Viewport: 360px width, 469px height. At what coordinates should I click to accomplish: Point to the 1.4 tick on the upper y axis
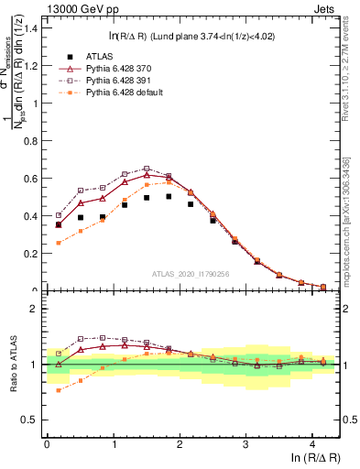point(31,28)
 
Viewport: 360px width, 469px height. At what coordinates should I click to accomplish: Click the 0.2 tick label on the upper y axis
point(31,254)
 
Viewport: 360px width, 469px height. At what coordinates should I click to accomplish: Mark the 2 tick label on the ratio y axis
point(35,310)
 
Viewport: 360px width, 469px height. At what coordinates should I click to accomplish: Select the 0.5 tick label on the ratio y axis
point(31,420)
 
